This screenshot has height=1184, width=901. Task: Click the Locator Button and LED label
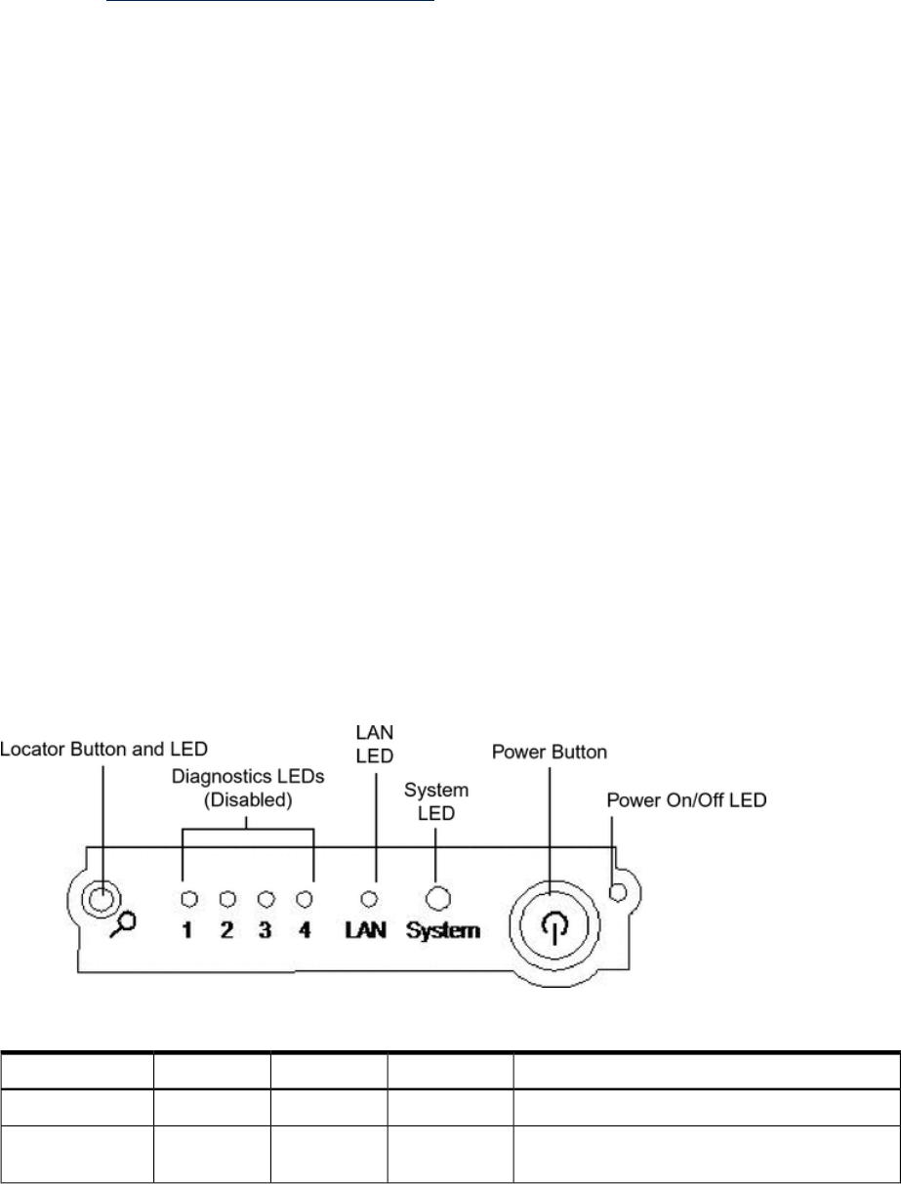pyautogui.click(x=103, y=749)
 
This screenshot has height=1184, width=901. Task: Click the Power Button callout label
pyautogui.click(x=550, y=753)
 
